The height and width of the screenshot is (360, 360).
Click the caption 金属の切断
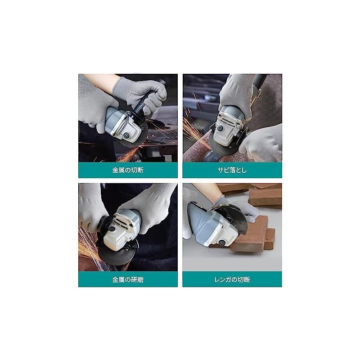pos(128,170)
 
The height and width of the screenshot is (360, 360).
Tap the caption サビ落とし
pos(232,170)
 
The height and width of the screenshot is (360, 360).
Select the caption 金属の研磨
pos(128,279)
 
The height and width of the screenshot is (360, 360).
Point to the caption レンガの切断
pos(232,279)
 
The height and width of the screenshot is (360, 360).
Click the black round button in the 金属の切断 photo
pos(126,135)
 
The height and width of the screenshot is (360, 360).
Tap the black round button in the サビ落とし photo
pos(220,128)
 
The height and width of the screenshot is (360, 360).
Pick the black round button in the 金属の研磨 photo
pos(112,229)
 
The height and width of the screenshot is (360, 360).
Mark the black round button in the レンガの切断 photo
pos(221,243)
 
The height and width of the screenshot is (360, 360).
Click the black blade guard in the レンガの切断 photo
pos(232,216)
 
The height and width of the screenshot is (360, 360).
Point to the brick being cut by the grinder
pos(250,237)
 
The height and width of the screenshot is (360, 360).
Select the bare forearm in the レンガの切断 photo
pos(206,190)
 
